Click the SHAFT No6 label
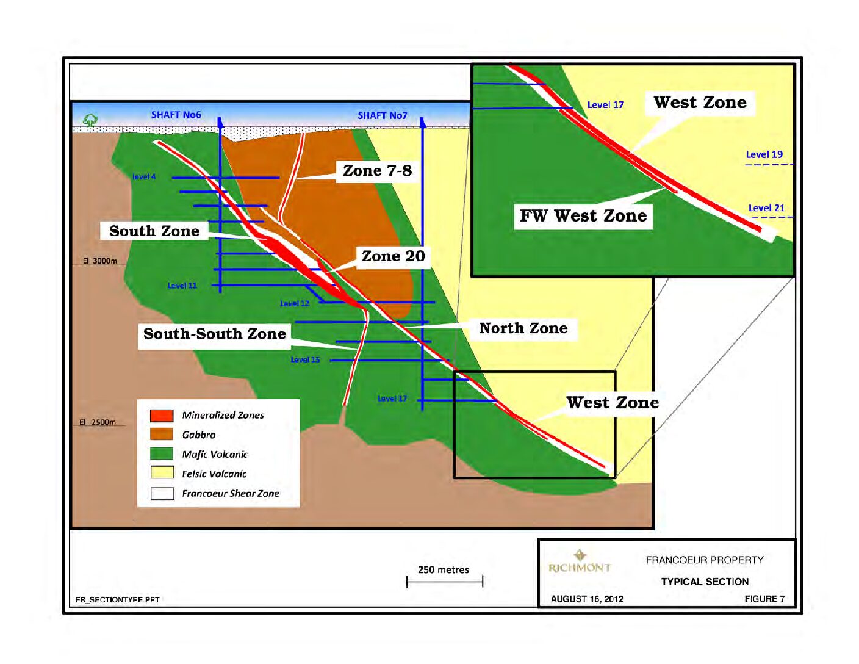[x=176, y=115]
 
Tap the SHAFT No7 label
[x=382, y=115]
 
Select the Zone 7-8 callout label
[x=377, y=171]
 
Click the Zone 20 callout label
[x=393, y=256]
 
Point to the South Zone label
[x=154, y=231]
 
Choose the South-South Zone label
[x=214, y=334]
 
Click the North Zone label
[x=523, y=328]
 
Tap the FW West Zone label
[x=583, y=216]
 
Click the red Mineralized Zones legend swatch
[x=162, y=416]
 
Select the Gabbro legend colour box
[x=162, y=435]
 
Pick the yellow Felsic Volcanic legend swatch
[x=162, y=473]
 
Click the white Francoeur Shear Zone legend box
[x=162, y=493]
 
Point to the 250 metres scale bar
[x=444, y=581]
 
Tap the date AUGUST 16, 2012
[x=587, y=599]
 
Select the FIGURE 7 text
[x=764, y=599]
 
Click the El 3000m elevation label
[x=100, y=261]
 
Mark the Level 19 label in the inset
[x=764, y=155]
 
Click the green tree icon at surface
[x=90, y=120]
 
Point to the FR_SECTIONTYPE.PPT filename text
[x=118, y=600]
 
